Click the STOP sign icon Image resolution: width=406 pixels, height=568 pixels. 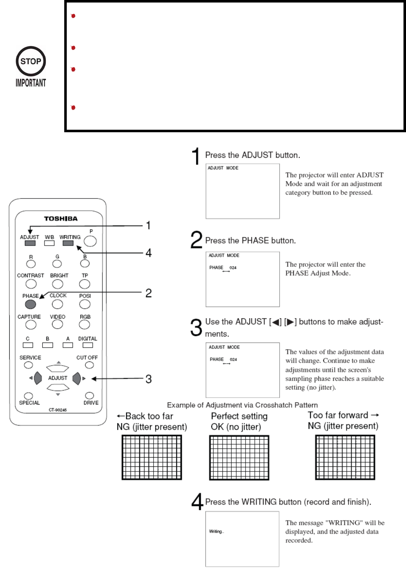[x=31, y=61]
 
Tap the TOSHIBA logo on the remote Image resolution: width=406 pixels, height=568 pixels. [x=61, y=218]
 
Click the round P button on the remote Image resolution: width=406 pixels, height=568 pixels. [x=90, y=241]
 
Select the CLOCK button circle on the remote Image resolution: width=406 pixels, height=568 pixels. [x=58, y=304]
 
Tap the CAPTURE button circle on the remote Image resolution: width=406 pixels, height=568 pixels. [x=31, y=325]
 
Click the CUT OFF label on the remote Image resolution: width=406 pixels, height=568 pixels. [x=87, y=358]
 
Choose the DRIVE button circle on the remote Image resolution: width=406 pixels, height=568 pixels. [x=89, y=395]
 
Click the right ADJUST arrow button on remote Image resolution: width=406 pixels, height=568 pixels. [x=76, y=378]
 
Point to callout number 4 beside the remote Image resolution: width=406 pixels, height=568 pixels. [x=149, y=253]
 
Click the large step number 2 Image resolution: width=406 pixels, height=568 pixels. [x=196, y=240]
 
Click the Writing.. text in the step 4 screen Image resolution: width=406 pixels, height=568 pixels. [x=217, y=531]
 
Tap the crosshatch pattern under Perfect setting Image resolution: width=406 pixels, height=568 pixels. [x=239, y=458]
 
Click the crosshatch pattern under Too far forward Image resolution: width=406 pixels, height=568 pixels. [x=345, y=458]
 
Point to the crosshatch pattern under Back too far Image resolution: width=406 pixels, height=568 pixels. [x=152, y=458]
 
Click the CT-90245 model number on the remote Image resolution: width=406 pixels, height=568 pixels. [x=58, y=410]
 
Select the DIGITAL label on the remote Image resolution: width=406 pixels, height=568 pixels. [x=87, y=339]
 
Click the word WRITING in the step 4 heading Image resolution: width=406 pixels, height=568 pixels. [x=259, y=502]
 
